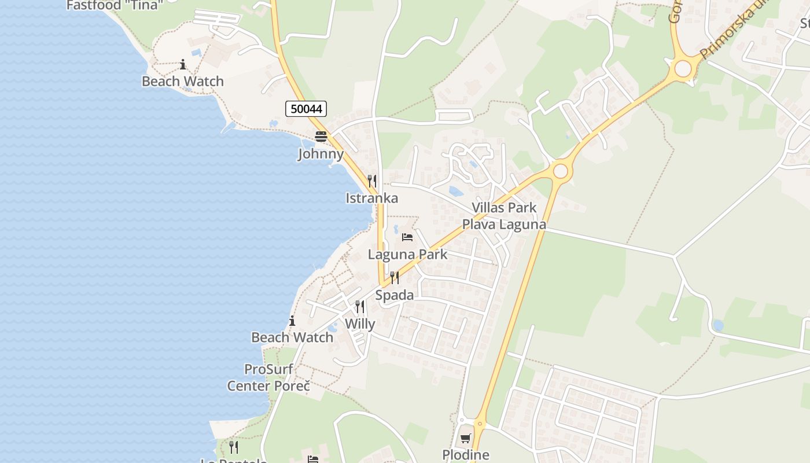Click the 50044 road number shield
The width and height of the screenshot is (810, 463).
coord(306,109)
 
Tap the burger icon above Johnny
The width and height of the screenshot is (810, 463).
coord(321,137)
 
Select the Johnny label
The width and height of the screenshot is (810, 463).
coord(321,154)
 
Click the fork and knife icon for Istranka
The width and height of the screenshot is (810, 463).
coord(372,181)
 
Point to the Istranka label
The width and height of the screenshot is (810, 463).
coord(371,198)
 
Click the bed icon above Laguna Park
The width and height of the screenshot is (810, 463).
coord(407,237)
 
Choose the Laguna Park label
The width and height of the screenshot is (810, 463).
coord(407,254)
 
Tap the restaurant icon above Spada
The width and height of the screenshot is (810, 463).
coord(395,278)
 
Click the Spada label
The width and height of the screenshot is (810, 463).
coord(395,295)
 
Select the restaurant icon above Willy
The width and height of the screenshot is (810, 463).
coord(360,307)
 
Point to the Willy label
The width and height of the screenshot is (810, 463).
coord(360,324)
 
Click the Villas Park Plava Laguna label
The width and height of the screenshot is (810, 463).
coord(504,216)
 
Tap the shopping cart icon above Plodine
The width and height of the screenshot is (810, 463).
coord(466,438)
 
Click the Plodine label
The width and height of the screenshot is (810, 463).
coord(466,455)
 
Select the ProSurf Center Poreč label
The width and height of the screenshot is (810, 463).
coord(268,377)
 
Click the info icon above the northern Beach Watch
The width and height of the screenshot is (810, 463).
coord(183,64)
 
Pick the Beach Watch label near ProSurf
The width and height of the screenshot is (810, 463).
coord(292,337)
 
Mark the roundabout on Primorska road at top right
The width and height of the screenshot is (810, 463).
coord(683,68)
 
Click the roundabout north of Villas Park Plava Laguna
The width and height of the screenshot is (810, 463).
coord(560,171)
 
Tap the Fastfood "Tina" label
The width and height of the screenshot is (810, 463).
coord(115,6)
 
